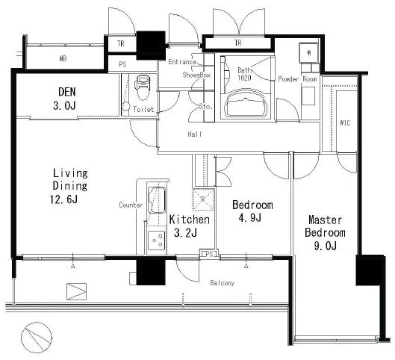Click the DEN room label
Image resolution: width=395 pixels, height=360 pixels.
pos(66,92)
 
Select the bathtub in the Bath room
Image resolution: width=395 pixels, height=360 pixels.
pos(246,103)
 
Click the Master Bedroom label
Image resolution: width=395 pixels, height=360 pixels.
pos(325,226)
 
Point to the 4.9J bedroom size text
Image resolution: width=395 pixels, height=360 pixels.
pos(250,217)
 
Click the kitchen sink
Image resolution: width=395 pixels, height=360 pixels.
pos(157,200)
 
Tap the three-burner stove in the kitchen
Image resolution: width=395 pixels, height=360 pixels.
pos(157,240)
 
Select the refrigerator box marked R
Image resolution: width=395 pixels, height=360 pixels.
pos(203,199)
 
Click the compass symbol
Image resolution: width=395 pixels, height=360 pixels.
pos(37,338)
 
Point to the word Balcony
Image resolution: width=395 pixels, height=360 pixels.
pos(223,283)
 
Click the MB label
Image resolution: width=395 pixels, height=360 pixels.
pos(63,59)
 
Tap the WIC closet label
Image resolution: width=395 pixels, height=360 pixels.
pos(345,123)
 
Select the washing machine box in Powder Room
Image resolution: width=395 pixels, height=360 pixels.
pos(309,53)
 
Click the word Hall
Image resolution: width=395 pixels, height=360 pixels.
pos(195,134)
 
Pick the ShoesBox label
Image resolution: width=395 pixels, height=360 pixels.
pos(196,75)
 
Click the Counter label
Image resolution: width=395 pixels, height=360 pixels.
pos(131,205)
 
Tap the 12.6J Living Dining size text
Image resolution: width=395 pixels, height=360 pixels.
pos(63,199)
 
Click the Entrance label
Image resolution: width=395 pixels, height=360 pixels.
pos(182,62)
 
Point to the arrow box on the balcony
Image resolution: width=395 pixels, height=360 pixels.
pos(76,292)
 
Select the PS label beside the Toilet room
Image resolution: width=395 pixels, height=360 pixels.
pos(122,64)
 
